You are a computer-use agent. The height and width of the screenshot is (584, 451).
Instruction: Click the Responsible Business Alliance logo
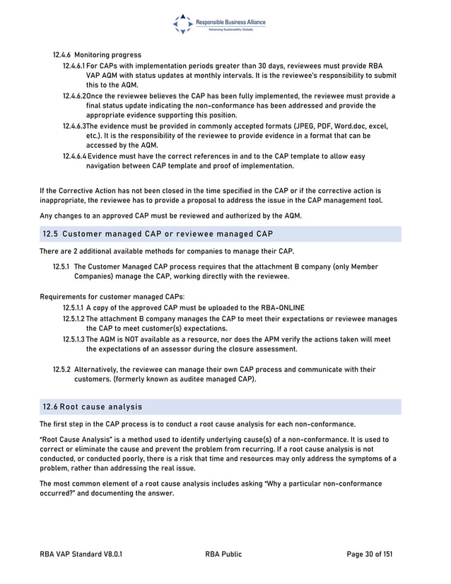tap(219, 24)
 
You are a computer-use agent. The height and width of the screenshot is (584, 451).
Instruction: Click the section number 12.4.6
tap(62, 54)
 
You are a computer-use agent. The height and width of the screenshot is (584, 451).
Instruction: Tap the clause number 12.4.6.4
tap(74, 156)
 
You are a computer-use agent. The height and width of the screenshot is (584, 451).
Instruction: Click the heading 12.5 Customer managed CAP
tap(158, 234)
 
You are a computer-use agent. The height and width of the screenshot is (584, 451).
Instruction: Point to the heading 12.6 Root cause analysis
tap(93, 407)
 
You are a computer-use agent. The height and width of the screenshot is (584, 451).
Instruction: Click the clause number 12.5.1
tap(62, 267)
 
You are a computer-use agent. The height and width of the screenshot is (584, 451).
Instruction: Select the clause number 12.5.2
tap(62, 369)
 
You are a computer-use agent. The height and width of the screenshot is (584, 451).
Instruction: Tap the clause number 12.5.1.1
tap(74, 308)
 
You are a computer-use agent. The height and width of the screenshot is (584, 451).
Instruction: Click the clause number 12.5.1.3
tap(74, 339)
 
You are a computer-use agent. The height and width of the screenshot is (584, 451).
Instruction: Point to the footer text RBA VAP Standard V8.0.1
tap(84, 554)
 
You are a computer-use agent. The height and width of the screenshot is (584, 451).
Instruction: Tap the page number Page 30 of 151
tap(370, 554)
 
